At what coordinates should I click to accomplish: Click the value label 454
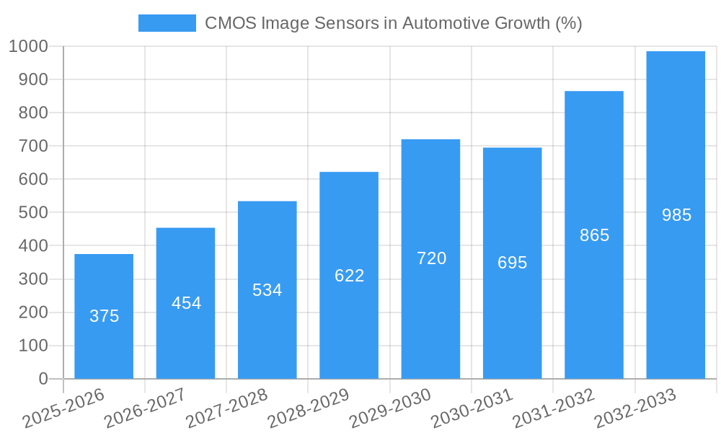[x=186, y=303]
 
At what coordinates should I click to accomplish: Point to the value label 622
[x=350, y=276]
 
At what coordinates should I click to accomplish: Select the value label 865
[x=595, y=235]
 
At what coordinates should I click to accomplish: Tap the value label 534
[x=267, y=290]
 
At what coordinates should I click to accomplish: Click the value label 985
[x=676, y=215]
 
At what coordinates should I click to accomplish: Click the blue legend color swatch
[x=167, y=23]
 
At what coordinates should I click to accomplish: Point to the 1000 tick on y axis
[x=28, y=46]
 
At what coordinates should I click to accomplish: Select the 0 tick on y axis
[x=43, y=379]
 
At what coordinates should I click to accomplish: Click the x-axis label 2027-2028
[x=226, y=408]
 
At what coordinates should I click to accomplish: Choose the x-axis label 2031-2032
[x=553, y=408]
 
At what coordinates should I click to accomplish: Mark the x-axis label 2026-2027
[x=145, y=408]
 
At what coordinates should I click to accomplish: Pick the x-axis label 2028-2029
[x=308, y=408]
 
